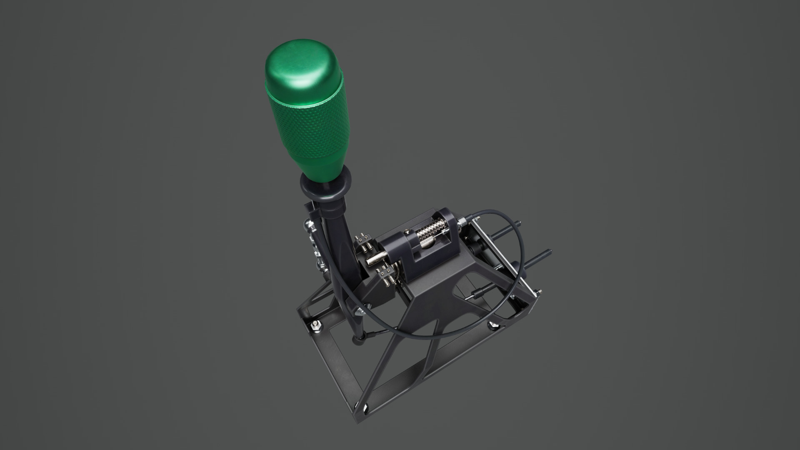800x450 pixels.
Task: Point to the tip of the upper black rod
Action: click(521, 222)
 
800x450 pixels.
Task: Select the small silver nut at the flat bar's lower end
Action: click(539, 291)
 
